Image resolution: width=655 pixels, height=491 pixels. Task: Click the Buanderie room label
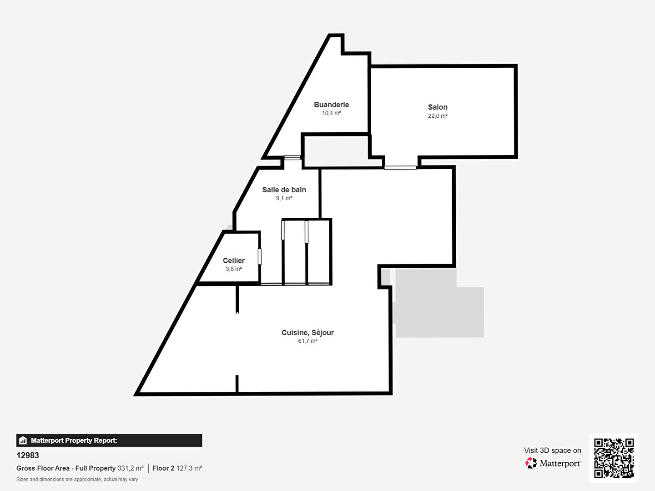click(331, 105)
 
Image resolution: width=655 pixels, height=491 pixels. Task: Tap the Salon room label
click(438, 107)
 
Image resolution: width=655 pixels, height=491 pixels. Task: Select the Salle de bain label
click(284, 190)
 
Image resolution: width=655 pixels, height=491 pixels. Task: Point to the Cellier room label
click(234, 261)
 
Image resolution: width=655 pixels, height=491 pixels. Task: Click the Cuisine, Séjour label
click(307, 332)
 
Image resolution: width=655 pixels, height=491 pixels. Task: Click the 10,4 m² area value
click(331, 113)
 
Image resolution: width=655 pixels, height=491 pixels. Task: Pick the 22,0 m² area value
click(438, 116)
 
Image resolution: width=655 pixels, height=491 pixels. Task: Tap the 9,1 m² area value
click(284, 198)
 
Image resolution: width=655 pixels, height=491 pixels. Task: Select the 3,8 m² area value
click(234, 269)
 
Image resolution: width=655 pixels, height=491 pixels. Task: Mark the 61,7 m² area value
click(307, 341)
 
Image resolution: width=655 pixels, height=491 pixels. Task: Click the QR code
click(614, 458)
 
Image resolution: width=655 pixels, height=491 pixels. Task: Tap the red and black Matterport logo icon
click(531, 463)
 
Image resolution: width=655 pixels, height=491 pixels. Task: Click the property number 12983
click(28, 455)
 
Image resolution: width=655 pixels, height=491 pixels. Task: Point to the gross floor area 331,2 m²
click(131, 468)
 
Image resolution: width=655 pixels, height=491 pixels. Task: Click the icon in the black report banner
click(23, 441)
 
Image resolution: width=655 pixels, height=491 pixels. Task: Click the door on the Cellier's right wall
click(260, 257)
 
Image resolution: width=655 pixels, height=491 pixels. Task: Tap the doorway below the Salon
click(400, 168)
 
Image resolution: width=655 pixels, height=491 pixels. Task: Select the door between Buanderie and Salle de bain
click(292, 158)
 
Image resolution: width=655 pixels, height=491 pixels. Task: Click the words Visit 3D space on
click(552, 451)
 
